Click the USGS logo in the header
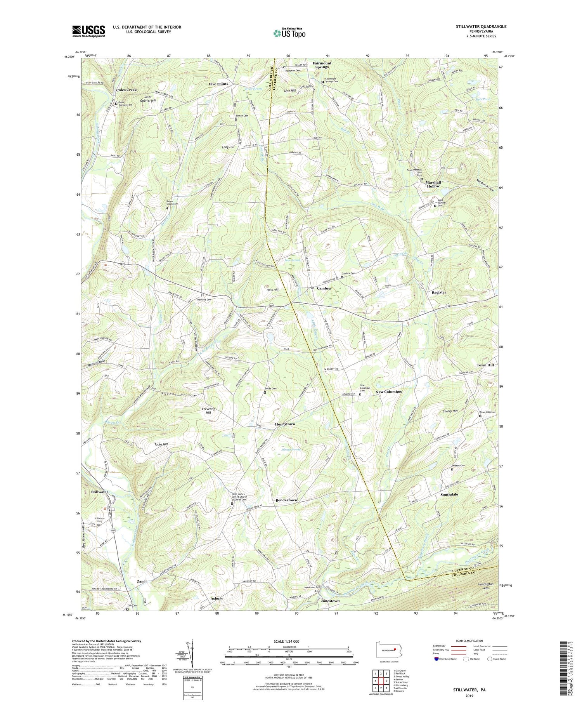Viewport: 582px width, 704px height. tap(88, 31)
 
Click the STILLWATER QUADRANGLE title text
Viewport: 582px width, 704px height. tap(481, 26)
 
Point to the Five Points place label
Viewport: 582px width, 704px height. tap(218, 84)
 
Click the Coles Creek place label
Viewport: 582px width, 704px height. tap(126, 90)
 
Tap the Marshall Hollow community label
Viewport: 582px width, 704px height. tap(433, 184)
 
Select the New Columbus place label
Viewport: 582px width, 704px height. tap(388, 392)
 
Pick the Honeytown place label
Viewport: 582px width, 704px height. tap(285, 424)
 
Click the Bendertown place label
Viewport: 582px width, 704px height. tap(286, 500)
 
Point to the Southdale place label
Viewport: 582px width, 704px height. tap(449, 494)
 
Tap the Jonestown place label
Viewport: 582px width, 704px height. tap(330, 601)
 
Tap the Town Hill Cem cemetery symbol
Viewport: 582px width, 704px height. tap(480, 416)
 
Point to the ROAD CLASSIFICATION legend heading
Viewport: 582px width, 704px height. tap(469, 641)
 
